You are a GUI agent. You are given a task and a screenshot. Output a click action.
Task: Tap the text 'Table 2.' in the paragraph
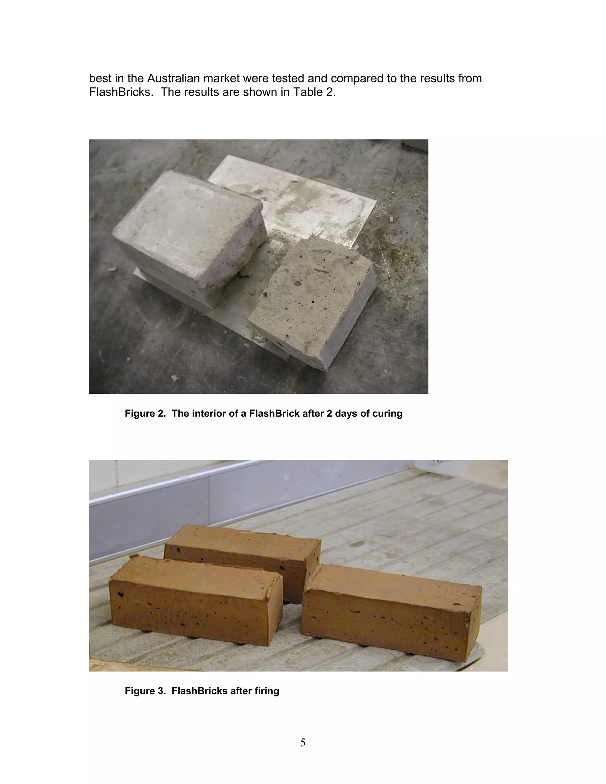315,92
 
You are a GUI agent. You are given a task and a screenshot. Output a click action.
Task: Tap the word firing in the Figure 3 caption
267,691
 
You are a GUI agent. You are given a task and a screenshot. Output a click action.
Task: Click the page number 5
303,742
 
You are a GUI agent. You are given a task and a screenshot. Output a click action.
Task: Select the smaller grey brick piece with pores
309,298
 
